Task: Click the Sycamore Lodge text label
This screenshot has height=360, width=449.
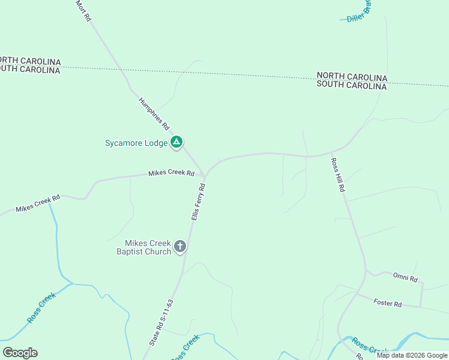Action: pyautogui.click(x=136, y=143)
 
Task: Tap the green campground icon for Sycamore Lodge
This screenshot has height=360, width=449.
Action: pyautogui.click(x=176, y=142)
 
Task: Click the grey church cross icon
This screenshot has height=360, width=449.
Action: pyautogui.click(x=179, y=246)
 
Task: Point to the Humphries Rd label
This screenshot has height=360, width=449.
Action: pyautogui.click(x=154, y=114)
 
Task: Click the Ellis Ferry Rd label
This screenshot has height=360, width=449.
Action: pyautogui.click(x=199, y=202)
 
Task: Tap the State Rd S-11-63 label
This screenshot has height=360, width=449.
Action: pyautogui.click(x=161, y=322)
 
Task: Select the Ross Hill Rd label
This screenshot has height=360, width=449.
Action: pyautogui.click(x=339, y=175)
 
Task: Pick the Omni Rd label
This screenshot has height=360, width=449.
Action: pyautogui.click(x=405, y=277)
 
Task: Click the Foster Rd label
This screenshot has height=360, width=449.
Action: pyautogui.click(x=387, y=304)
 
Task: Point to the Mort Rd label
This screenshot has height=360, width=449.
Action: pyautogui.click(x=83, y=11)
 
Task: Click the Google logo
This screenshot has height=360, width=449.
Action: pyautogui.click(x=20, y=353)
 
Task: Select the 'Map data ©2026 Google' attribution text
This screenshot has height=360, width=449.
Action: pyautogui.click(x=412, y=355)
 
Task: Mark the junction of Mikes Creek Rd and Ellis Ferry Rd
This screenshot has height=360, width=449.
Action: pyautogui.click(x=205, y=176)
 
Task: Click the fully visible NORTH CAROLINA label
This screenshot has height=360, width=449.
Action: pyautogui.click(x=352, y=77)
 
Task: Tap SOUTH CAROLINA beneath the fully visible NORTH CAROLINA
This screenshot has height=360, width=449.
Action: pyautogui.click(x=352, y=86)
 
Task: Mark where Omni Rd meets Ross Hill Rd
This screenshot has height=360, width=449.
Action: pyautogui.click(x=366, y=272)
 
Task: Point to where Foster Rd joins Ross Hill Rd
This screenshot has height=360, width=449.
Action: pyautogui.click(x=358, y=294)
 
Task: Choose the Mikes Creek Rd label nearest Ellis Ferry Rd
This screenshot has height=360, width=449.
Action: pyautogui.click(x=171, y=173)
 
